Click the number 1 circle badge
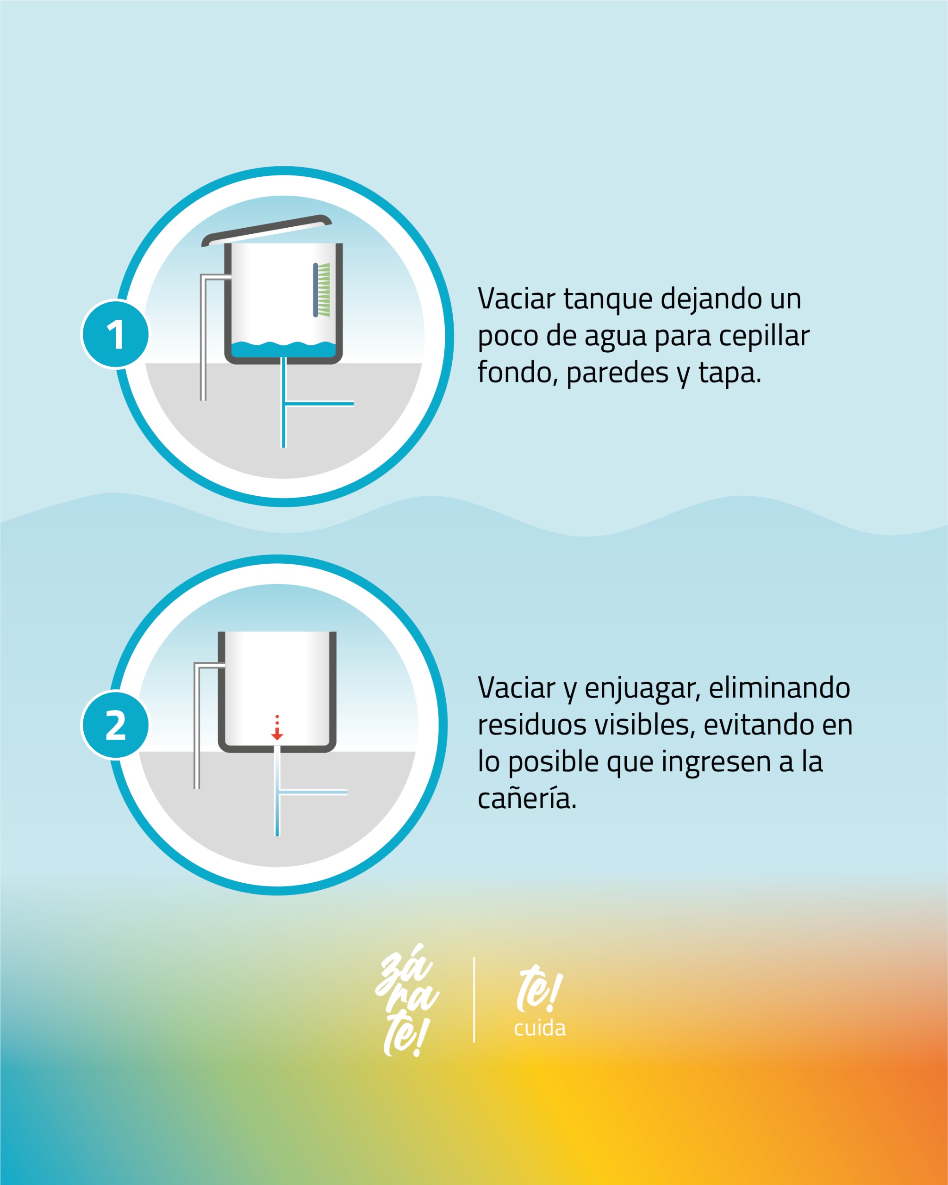[115, 334]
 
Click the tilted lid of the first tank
[267, 230]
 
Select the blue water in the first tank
[284, 349]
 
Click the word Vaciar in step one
[517, 299]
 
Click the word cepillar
[764, 337]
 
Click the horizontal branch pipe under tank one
[319, 404]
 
